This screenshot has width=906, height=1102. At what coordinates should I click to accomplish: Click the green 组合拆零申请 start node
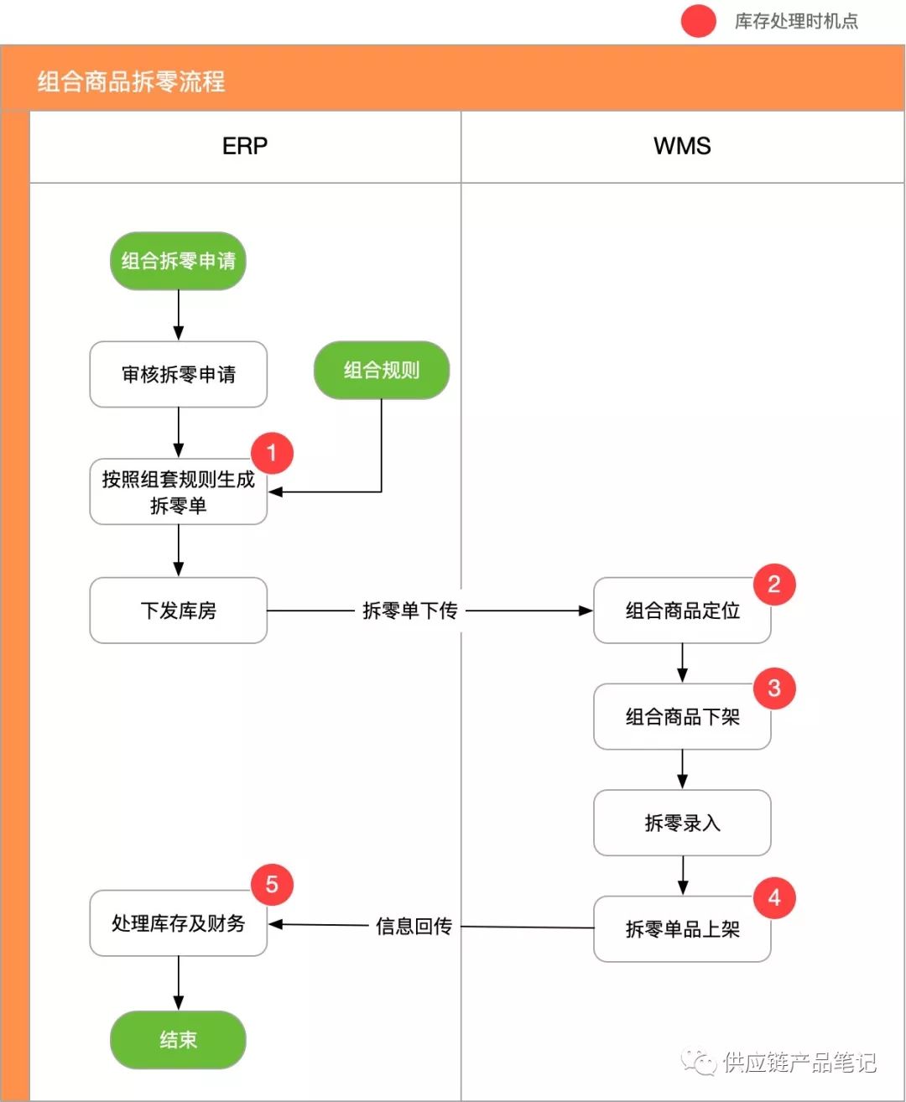click(178, 261)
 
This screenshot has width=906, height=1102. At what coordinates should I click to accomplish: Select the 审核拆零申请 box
click(179, 374)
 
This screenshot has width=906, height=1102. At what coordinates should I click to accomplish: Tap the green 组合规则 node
click(382, 370)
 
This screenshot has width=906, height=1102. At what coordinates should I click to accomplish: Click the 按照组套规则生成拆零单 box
click(179, 491)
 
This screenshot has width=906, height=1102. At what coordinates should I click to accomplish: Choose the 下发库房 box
click(179, 611)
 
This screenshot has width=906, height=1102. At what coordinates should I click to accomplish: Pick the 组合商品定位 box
click(682, 611)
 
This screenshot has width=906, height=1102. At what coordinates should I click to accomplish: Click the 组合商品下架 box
click(682, 716)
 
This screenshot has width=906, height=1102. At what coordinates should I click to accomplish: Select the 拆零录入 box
click(682, 823)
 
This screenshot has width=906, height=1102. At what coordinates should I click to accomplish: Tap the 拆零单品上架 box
click(682, 929)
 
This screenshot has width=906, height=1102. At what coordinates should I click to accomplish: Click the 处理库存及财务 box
click(179, 923)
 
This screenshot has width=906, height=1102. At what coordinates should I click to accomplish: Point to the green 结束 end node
click(178, 1040)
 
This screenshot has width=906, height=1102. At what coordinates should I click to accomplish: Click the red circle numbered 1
click(272, 453)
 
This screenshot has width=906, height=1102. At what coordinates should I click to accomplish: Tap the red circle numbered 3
click(774, 689)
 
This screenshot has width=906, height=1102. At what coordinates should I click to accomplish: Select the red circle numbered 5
click(272, 885)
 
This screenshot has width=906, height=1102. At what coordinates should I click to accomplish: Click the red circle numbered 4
click(774, 897)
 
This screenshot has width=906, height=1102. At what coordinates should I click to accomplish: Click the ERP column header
click(245, 146)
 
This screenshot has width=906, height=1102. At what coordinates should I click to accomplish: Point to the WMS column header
click(682, 146)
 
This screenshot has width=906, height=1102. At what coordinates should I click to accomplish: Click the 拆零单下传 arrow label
click(410, 611)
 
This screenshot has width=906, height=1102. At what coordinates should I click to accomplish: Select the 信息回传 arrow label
click(414, 926)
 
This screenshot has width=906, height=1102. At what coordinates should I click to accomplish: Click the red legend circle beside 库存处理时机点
click(699, 21)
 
